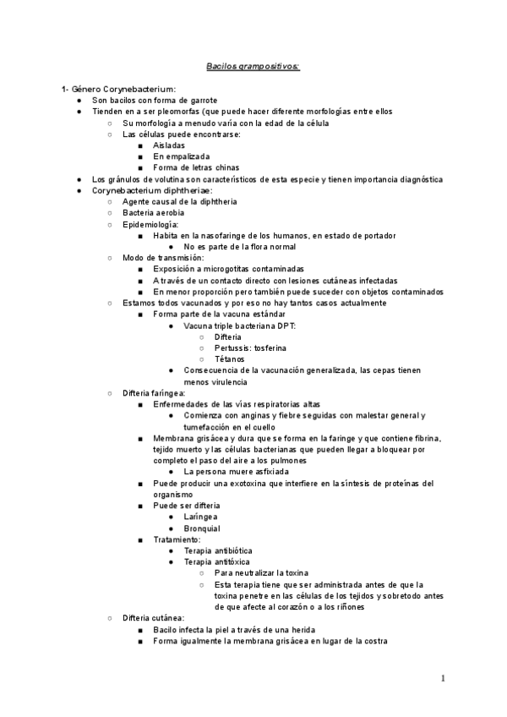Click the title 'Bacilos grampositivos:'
253,65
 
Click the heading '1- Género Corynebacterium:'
117,89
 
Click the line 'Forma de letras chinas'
197,167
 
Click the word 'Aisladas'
169,145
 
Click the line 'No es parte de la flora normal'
240,247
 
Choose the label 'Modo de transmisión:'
163,258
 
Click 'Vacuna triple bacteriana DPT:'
240,326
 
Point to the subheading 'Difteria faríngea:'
160,393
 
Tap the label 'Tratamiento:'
177,539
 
